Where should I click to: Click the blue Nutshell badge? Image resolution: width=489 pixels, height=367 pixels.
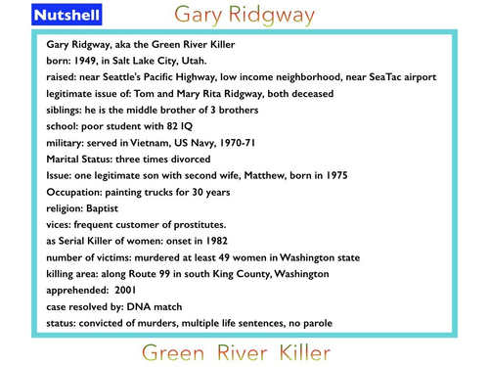65,17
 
